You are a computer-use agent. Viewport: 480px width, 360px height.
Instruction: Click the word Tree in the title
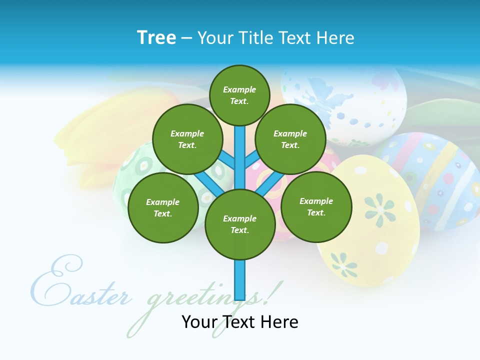(x=156, y=37)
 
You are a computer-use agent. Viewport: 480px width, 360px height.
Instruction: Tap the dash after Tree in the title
(x=186, y=38)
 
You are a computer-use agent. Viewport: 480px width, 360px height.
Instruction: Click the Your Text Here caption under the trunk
(x=240, y=322)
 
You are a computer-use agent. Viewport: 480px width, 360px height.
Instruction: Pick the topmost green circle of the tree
(x=239, y=95)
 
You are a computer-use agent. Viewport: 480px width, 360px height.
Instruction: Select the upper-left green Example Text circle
(x=187, y=139)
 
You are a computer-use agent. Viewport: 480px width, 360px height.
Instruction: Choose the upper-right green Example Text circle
(x=290, y=139)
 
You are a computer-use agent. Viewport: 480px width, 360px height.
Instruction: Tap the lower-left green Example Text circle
(x=163, y=207)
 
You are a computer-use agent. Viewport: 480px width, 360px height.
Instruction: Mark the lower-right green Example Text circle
(x=316, y=206)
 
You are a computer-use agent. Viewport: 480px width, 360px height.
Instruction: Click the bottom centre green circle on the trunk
(x=240, y=224)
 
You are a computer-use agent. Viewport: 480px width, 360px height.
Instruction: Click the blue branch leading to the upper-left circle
(x=226, y=160)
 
